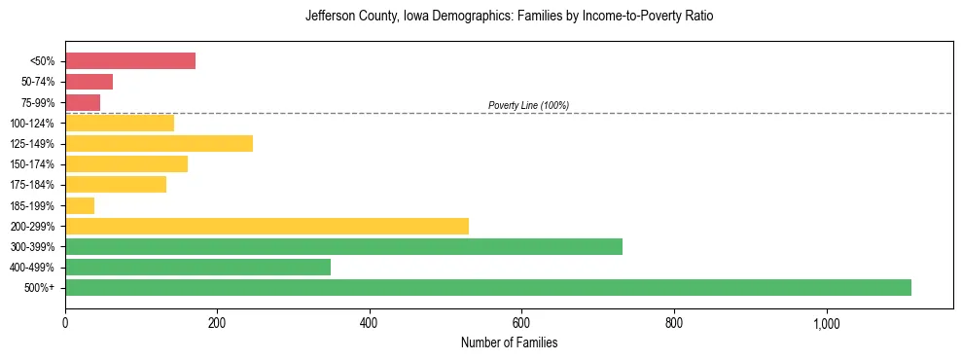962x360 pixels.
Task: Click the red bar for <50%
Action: [130, 61]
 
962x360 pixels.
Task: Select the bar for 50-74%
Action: [89, 82]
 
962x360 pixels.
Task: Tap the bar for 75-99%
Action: [83, 102]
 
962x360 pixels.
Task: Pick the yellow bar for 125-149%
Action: [159, 144]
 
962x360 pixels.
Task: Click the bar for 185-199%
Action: [80, 205]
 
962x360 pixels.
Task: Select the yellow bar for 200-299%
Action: [267, 226]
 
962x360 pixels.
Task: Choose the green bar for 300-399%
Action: [343, 247]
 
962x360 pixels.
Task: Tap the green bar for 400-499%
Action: [197, 268]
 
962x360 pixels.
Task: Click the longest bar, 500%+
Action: [488, 288]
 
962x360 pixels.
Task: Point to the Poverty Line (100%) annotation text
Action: [528, 105]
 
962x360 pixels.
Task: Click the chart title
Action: [509, 17]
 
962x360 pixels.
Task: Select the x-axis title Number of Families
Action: [509, 343]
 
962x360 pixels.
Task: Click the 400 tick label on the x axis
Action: [370, 322]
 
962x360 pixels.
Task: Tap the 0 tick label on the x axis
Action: [65, 322]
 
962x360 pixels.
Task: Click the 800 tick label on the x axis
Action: [674, 322]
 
